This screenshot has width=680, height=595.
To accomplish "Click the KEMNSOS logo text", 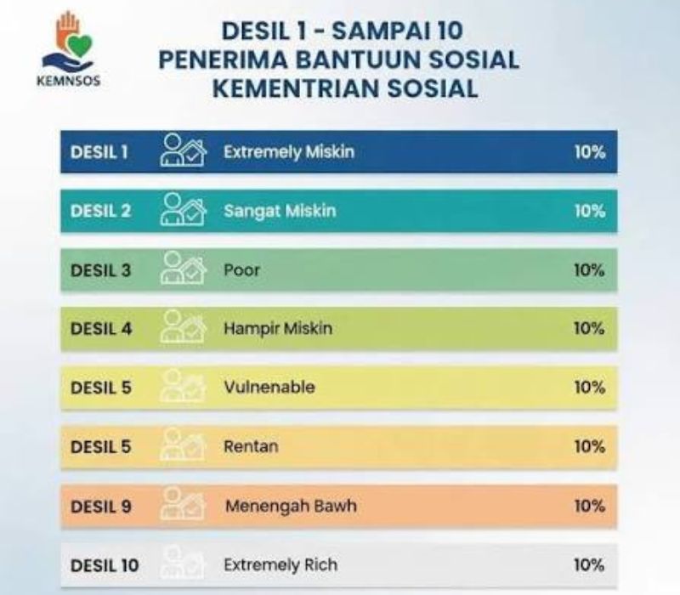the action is (69, 81).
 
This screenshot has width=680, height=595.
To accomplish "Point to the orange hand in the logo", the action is (66, 31).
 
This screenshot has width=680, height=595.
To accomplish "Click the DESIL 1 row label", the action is (99, 152).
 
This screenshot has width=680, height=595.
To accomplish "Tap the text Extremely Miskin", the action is (289, 152).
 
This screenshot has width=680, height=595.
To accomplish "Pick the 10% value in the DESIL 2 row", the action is (590, 211).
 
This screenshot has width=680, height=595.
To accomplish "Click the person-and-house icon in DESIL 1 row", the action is (183, 150).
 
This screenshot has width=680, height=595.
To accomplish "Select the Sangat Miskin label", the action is (280, 211).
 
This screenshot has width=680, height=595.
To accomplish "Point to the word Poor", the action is (241, 270).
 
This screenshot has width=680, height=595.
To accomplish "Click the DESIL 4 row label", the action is (101, 329).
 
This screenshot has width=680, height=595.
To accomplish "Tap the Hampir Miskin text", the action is (278, 329).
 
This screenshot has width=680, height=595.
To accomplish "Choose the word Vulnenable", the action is (269, 388).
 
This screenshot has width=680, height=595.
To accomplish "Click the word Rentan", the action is (251, 447).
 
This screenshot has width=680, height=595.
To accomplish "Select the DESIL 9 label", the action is (100, 506).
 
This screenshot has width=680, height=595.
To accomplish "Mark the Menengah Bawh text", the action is (291, 506).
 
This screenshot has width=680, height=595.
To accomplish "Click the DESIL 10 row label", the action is (105, 565).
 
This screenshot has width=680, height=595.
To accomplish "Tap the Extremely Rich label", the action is (280, 565).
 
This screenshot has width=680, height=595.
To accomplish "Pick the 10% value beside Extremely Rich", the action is (589, 565).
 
